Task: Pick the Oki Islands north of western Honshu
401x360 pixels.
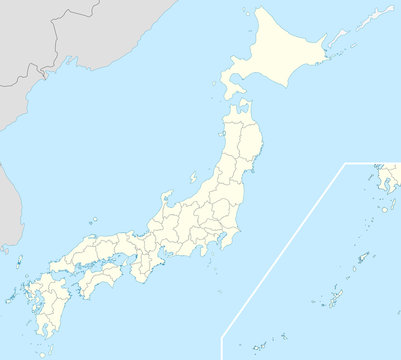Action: coord(91,220)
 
